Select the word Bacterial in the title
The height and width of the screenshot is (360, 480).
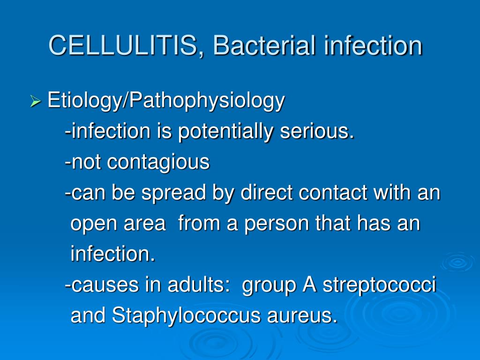tap(264, 45)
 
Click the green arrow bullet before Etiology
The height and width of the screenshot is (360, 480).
tap(36, 101)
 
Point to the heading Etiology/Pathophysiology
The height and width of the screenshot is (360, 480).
tap(166, 101)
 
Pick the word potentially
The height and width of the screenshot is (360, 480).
tap(225, 132)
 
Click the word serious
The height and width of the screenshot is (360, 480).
tap(316, 131)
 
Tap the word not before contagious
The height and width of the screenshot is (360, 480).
tap(86, 162)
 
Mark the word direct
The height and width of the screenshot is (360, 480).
tap(266, 193)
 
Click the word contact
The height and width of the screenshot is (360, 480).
tap(333, 193)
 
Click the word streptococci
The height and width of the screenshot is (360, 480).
tap(379, 285)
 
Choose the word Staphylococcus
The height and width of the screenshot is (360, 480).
tap(186, 315)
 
